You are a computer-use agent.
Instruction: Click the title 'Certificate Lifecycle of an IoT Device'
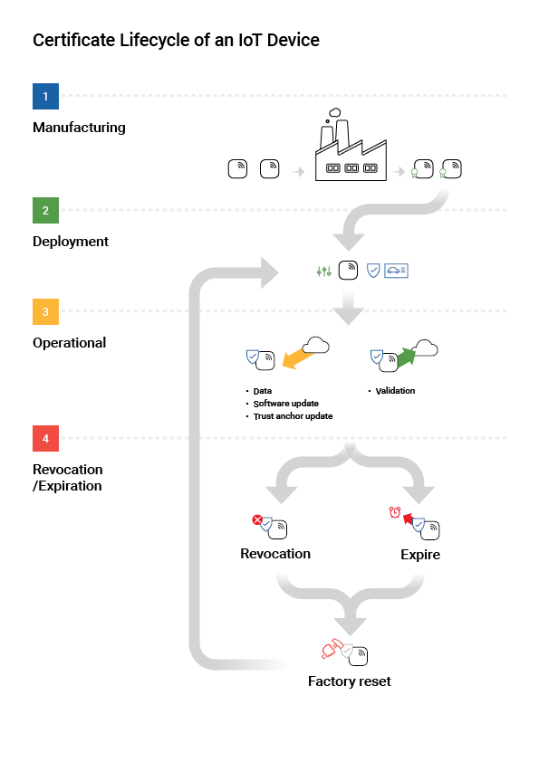click(x=176, y=41)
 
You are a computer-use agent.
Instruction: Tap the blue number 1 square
click(x=45, y=95)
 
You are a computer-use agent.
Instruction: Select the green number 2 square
click(x=45, y=210)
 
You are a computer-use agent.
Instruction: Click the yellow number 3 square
click(x=45, y=311)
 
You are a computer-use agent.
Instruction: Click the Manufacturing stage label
click(x=79, y=128)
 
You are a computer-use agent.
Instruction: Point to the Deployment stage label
click(x=71, y=242)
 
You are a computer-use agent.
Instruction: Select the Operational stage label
click(x=69, y=343)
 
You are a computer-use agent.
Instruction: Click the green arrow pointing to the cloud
click(x=405, y=356)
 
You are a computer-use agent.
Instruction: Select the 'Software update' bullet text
click(x=286, y=404)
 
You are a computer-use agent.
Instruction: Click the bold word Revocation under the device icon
click(x=275, y=554)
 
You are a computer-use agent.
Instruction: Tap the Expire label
click(x=420, y=554)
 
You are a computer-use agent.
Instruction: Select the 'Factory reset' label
click(x=350, y=681)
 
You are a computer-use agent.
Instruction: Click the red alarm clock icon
click(x=394, y=513)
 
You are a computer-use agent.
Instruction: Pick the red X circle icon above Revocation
click(x=256, y=519)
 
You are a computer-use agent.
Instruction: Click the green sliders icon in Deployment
click(x=323, y=271)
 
